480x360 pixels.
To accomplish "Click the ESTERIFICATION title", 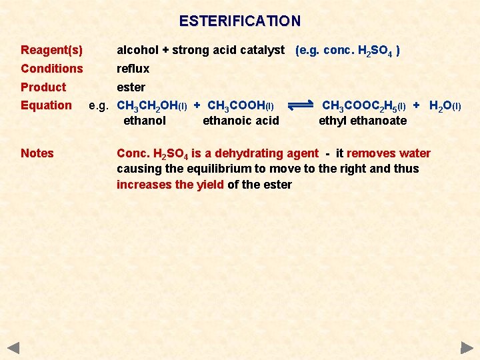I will click(240, 21).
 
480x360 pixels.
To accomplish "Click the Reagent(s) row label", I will click(52, 50).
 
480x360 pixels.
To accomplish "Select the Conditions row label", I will click(52, 69).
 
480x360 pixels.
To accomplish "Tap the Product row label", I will click(43, 87).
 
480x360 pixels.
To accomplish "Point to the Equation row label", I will click(46, 105).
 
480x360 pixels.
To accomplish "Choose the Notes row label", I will click(37, 153).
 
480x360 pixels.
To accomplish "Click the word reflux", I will click(133, 69).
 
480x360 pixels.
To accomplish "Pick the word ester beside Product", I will click(131, 87).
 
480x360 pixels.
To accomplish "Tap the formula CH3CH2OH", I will click(151, 106).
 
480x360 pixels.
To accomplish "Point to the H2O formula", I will click(441, 106).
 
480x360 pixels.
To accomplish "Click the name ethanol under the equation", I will click(145, 121).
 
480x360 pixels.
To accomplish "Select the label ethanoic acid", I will click(241, 121).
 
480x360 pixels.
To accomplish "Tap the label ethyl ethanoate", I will click(363, 121).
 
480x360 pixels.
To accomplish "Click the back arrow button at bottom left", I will click(13, 347).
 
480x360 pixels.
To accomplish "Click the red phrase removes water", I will click(389, 153).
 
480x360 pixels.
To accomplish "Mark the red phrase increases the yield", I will click(170, 185).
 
